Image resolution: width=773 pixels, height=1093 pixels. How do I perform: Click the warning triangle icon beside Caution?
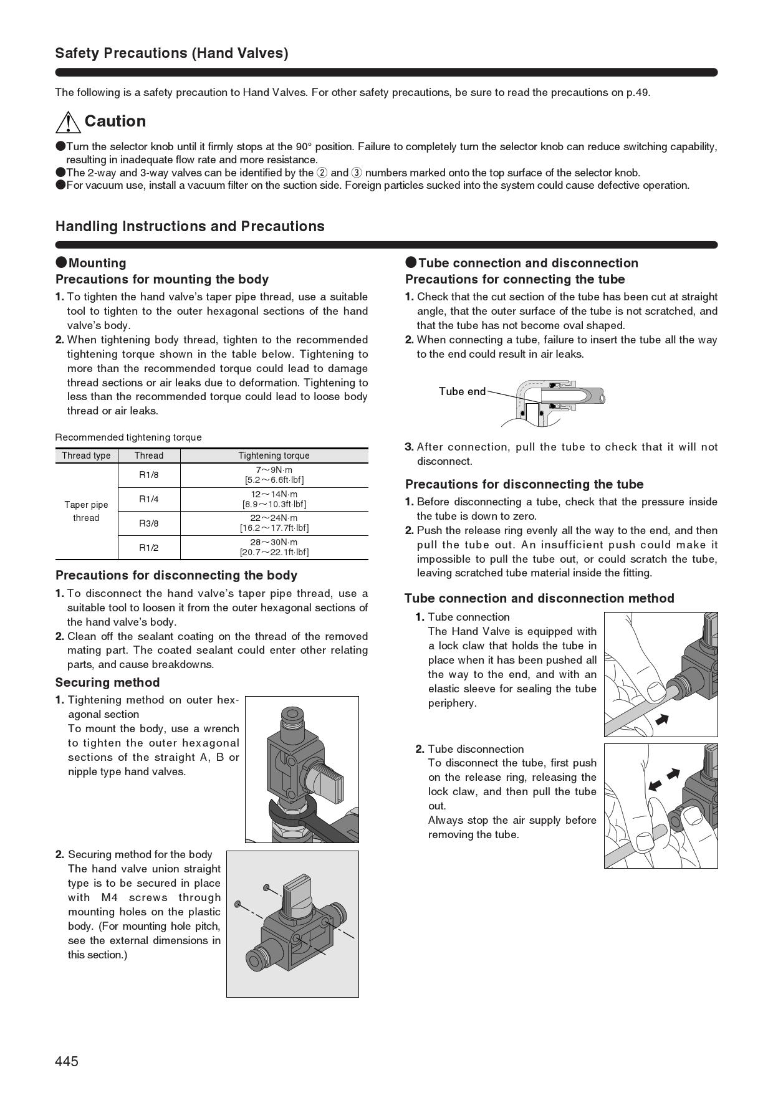pos(67,122)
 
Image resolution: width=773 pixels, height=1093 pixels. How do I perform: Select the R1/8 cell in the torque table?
pos(148,475)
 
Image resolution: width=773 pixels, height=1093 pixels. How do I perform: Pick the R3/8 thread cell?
pos(148,523)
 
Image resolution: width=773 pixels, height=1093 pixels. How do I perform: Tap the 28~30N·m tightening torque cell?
pos(274,547)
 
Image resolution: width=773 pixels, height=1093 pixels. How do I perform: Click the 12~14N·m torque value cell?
pos(274,499)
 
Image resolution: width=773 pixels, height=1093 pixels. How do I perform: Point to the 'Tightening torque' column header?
pos(274,456)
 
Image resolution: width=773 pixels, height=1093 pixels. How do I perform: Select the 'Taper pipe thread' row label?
pos(86,511)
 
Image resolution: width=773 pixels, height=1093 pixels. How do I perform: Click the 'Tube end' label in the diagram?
pos(461,391)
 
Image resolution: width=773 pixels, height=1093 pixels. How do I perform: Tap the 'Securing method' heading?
pos(107,682)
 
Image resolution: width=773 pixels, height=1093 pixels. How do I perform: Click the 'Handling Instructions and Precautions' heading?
pos(190,226)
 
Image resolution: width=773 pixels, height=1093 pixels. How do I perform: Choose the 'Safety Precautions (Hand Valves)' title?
pos(171,54)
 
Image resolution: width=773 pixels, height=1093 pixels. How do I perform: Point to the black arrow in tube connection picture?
pos(662,720)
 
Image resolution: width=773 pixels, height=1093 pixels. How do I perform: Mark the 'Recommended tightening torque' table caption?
pos(128,437)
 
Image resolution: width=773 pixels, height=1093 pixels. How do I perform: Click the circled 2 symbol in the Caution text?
pos(322,173)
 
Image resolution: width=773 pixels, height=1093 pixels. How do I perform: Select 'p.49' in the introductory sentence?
pos(638,93)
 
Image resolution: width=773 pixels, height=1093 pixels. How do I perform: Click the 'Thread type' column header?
pos(86,456)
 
